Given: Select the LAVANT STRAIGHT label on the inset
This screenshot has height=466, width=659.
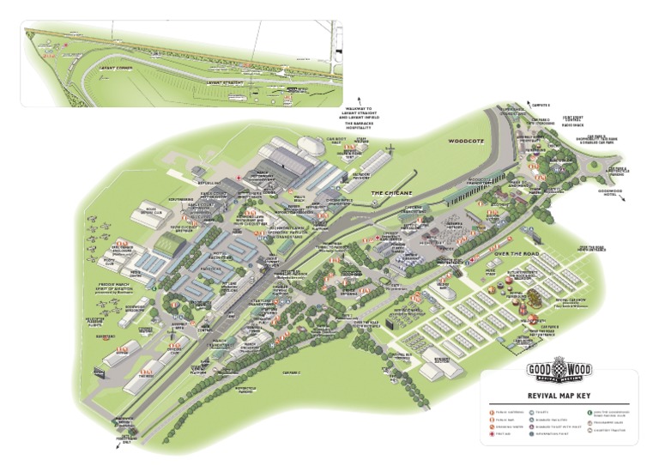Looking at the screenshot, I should point(227,83).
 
